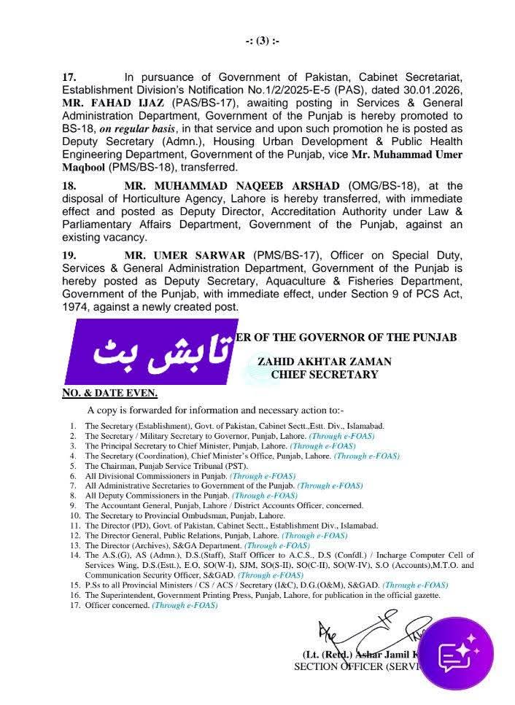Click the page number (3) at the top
click(x=263, y=41)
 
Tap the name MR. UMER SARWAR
click(x=185, y=256)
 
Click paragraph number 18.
click(x=69, y=187)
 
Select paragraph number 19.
click(x=69, y=256)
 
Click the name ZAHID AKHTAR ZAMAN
click(x=324, y=362)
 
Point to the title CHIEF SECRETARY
click(x=324, y=375)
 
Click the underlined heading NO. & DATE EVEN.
click(x=109, y=394)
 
